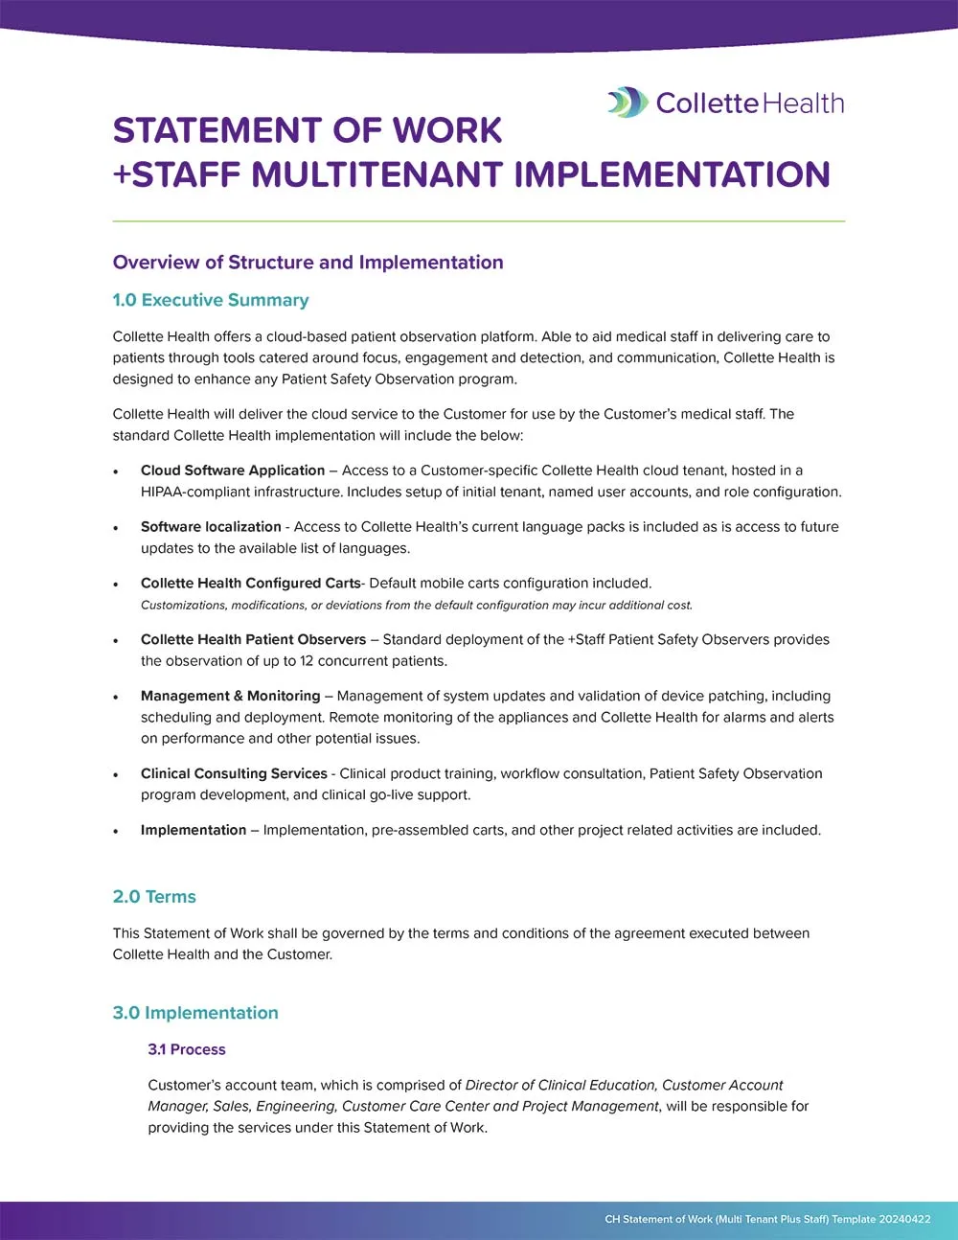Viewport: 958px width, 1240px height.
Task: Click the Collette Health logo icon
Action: (x=627, y=103)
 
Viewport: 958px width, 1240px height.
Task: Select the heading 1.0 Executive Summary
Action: (x=211, y=300)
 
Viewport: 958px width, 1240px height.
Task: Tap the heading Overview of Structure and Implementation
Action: (x=308, y=263)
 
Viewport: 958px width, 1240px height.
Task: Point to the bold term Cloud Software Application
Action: (x=233, y=471)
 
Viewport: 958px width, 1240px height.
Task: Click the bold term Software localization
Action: (x=211, y=527)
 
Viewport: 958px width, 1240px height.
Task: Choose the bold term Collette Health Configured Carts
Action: (x=250, y=583)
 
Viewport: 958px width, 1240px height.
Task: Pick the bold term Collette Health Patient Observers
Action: (x=253, y=639)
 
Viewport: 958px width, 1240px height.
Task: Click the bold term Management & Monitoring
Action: (x=230, y=696)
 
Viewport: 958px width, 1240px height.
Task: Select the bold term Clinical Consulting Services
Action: (x=234, y=773)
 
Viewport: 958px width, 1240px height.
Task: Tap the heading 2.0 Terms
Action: (x=154, y=897)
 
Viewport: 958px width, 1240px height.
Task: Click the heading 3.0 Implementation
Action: (x=195, y=1013)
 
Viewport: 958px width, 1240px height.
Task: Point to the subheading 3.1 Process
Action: (x=187, y=1049)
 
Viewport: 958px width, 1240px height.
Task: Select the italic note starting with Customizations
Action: (x=416, y=606)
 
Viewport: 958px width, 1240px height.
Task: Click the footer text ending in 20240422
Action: (x=767, y=1219)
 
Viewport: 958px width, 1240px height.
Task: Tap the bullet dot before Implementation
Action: (x=116, y=832)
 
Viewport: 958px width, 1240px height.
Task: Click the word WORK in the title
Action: (x=447, y=130)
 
